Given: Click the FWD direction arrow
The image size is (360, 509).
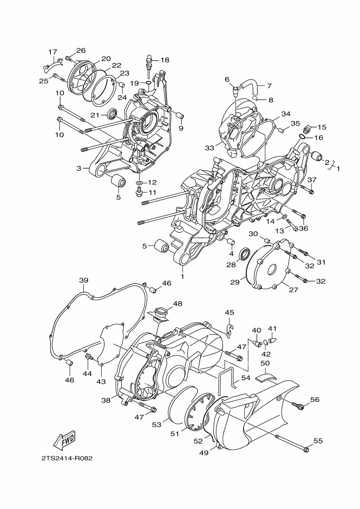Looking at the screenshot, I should point(64,439).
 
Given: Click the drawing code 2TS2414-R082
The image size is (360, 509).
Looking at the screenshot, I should point(66,458).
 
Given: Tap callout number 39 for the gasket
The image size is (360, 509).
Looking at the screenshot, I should point(83,281).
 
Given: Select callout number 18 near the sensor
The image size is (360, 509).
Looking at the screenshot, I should point(164,60).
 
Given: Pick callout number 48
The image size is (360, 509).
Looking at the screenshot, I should point(178,303).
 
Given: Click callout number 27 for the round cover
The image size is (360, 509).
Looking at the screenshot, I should point(293,290).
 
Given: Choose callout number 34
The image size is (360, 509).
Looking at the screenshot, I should point(285,114).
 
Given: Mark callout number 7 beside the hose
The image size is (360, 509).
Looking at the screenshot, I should point(269,86).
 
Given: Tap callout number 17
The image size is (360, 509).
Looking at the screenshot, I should point(53,52).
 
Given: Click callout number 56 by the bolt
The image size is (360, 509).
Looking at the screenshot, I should point(314,400).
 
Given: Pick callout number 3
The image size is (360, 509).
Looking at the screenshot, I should point(79,168).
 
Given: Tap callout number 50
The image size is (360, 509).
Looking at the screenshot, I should point(265,363).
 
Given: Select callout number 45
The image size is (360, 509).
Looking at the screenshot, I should point(229,312).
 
